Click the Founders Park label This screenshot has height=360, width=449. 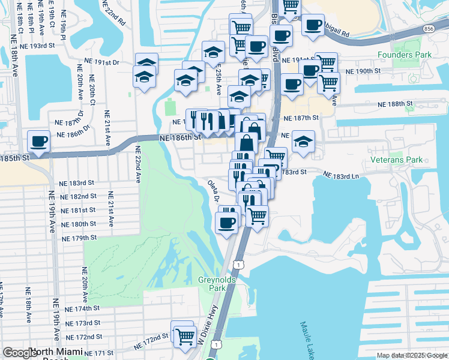405,55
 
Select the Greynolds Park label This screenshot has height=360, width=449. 217,284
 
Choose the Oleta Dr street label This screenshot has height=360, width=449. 212,191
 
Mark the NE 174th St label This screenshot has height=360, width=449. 82,308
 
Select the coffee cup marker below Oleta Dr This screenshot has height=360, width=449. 226,224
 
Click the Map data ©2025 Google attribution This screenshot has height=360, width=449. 411,355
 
